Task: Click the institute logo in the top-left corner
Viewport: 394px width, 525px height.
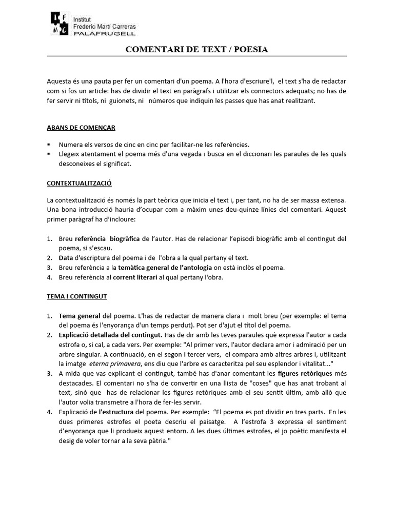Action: coord(60,23)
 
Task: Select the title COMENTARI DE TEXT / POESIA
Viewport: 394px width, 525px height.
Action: coord(197,49)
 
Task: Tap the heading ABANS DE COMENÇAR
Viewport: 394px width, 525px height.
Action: coord(81,128)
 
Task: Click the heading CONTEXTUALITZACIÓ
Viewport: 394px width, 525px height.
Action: coord(79,183)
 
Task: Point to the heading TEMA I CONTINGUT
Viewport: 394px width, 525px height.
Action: coord(76,296)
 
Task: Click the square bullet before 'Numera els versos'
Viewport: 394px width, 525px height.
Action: coord(49,145)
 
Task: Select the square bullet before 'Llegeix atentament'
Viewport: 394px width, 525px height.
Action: coord(49,154)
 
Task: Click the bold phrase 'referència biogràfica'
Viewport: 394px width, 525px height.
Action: coord(108,239)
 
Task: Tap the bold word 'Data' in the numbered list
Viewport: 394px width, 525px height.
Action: coord(66,258)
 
